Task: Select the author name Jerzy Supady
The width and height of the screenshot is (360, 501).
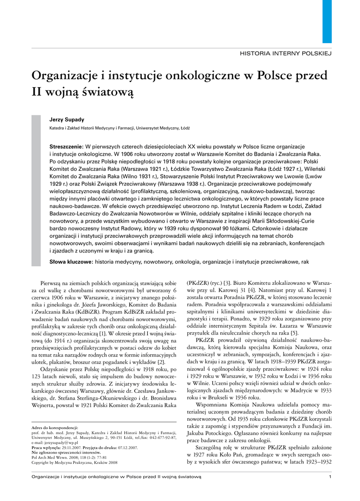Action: click(x=67, y=119)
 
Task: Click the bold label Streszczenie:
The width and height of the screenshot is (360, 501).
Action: click(x=67, y=147)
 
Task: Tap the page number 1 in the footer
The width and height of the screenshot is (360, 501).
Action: click(x=331, y=477)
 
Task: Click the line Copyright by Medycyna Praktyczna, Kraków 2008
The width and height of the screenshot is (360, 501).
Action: click(x=74, y=462)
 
